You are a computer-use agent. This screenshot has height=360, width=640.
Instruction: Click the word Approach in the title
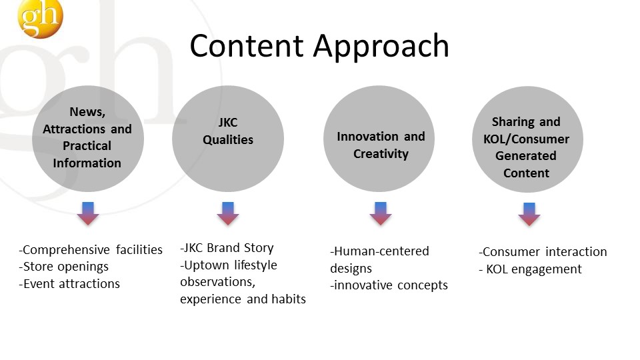(x=381, y=47)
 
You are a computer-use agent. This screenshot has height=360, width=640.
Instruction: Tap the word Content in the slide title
(x=247, y=45)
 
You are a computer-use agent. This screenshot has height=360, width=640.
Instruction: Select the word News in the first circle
(x=87, y=112)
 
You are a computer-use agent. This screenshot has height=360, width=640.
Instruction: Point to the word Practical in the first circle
(x=87, y=146)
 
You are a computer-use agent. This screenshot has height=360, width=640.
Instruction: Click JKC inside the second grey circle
(x=228, y=123)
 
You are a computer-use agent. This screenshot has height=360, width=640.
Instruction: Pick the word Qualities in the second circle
(x=228, y=140)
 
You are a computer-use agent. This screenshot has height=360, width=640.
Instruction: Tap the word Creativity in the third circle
(x=381, y=154)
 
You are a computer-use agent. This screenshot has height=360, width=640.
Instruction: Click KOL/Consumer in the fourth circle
(x=526, y=139)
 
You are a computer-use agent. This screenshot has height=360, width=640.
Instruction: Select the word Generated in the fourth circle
(x=526, y=156)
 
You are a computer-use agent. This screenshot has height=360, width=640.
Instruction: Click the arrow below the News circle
(x=88, y=213)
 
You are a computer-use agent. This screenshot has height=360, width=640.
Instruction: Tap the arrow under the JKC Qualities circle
(x=228, y=213)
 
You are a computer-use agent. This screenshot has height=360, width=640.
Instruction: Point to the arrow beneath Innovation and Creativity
(x=381, y=213)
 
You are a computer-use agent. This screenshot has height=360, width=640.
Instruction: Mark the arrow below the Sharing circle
(x=529, y=214)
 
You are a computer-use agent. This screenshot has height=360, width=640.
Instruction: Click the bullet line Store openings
(x=64, y=267)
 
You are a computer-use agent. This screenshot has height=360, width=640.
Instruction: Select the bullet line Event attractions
(x=69, y=284)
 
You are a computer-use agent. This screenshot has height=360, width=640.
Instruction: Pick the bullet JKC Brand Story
(x=227, y=248)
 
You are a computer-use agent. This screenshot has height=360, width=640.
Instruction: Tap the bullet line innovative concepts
(x=389, y=285)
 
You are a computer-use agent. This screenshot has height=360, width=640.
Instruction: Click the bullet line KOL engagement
(x=530, y=269)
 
